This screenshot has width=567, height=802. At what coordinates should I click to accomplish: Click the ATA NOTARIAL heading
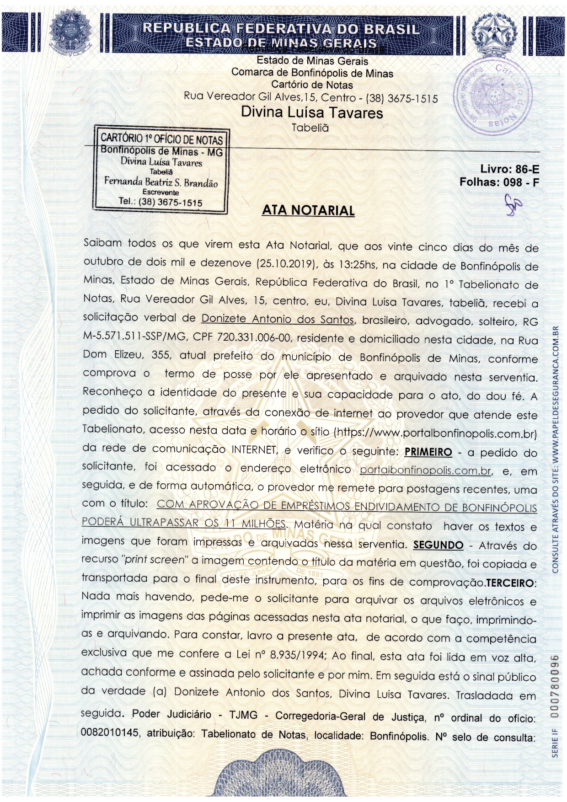tap(308, 210)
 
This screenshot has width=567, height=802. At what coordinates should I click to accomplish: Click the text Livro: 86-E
tap(509, 169)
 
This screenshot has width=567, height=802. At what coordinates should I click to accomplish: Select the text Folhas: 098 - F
tap(499, 182)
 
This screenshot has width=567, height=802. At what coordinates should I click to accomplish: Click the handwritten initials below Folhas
tap(513, 203)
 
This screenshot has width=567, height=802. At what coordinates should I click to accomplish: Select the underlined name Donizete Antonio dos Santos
tap(278, 319)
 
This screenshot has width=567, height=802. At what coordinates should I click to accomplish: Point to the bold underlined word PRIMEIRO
tap(428, 452)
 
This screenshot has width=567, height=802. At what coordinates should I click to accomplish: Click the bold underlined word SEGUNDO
tap(438, 545)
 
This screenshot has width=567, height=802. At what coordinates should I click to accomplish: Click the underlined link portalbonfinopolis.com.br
tap(425, 471)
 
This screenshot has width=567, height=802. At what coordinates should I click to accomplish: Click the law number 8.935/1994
tap(298, 655)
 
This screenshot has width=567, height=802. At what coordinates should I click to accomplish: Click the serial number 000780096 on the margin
tap(555, 686)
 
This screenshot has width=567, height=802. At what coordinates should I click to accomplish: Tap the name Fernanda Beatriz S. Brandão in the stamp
tap(161, 182)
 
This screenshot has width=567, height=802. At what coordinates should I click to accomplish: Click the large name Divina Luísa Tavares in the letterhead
tap(312, 112)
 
